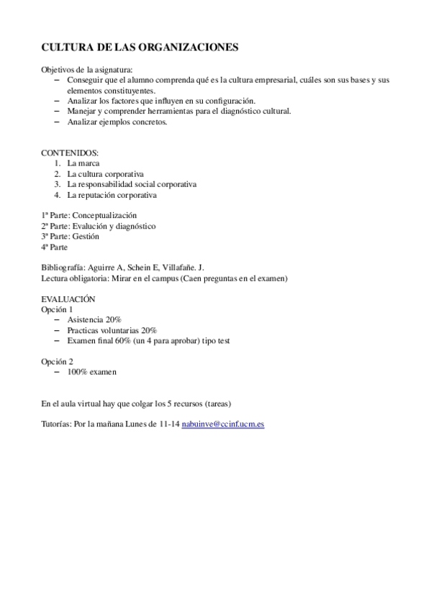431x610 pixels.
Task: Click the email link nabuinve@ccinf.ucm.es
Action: (223, 424)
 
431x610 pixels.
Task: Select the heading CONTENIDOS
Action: (70, 153)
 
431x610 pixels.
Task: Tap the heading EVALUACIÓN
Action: (68, 299)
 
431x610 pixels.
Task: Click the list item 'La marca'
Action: (83, 164)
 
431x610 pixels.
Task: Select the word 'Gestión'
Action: (86, 236)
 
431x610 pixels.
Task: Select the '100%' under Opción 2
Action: (77, 372)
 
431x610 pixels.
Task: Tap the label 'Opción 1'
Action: (57, 309)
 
